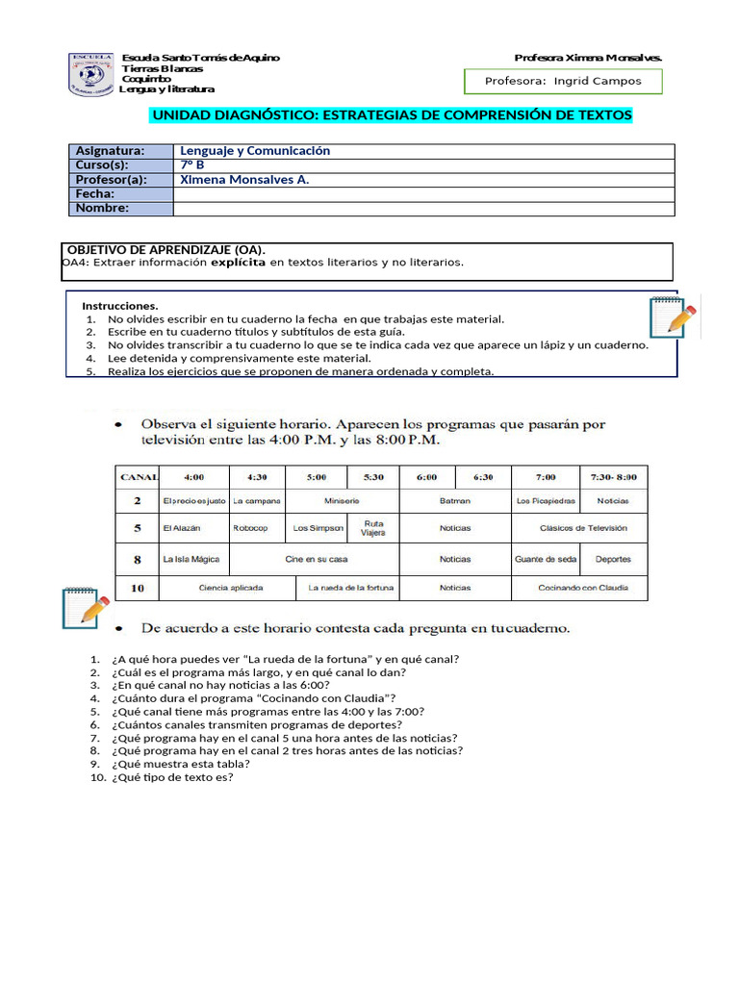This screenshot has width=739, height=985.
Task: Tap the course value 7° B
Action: [193, 164]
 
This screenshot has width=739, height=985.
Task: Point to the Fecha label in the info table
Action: [95, 194]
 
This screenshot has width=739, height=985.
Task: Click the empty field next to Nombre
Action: [423, 209]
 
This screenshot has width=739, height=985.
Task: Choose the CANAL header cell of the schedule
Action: [137, 476]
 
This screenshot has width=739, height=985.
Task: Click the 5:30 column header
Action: [373, 476]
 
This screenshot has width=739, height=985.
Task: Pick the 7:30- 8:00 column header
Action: [613, 476]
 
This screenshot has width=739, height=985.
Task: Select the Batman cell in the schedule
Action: [454, 501]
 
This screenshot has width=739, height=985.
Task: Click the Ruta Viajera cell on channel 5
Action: [373, 528]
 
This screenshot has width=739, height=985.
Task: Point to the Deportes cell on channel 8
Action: [613, 559]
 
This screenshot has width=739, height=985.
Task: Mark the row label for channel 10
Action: [137, 587]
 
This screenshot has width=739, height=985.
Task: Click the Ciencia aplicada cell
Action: [230, 587]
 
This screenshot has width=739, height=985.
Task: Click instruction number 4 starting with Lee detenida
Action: [239, 358]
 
